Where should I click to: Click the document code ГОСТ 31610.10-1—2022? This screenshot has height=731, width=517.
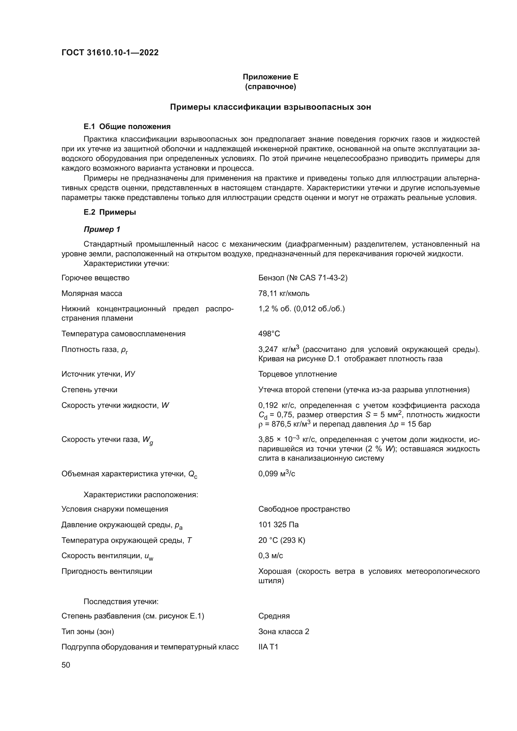(110, 53)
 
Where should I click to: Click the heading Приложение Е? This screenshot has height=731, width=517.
(270, 77)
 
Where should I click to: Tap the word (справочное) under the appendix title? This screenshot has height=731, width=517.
(270, 87)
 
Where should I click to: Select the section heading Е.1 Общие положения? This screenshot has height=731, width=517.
(127, 126)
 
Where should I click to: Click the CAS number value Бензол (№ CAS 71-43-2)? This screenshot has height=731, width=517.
(303, 278)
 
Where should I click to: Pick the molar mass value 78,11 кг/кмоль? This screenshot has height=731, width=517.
(284, 293)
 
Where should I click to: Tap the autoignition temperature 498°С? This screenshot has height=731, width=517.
(269, 334)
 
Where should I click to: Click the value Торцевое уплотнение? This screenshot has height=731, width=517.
(297, 374)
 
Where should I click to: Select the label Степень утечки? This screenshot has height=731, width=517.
(89, 389)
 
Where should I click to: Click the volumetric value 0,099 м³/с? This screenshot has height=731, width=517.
(276, 474)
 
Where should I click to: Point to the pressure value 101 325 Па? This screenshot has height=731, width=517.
(278, 524)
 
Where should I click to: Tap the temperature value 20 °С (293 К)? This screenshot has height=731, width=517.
(281, 540)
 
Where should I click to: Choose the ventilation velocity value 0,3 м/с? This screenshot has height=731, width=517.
(270, 556)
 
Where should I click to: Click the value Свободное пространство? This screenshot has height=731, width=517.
(304, 509)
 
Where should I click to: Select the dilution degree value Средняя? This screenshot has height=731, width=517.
(274, 616)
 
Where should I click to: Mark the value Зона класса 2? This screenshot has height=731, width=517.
(283, 631)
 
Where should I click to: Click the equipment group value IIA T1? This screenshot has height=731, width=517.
(268, 647)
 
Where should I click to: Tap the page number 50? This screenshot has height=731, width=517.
(66, 665)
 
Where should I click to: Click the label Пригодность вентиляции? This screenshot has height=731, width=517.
(106, 571)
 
